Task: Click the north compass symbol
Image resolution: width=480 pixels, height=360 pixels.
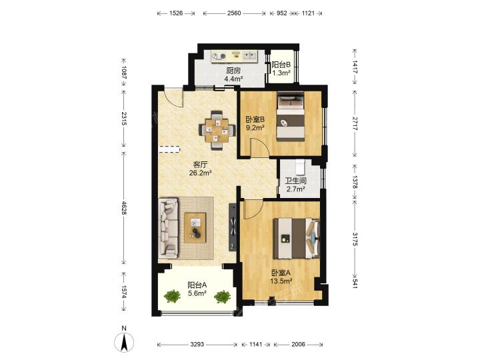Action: pyautogui.click(x=124, y=341)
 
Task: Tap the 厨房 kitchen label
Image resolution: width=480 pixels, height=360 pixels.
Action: pyautogui.click(x=233, y=71)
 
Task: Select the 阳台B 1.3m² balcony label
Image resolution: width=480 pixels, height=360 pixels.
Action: pyautogui.click(x=281, y=69)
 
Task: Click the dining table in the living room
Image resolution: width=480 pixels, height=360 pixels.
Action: pyautogui.click(x=217, y=131)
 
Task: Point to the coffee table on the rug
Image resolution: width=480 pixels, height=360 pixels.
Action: pyautogui.click(x=195, y=228)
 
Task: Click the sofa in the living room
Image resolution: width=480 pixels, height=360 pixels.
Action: pyautogui.click(x=169, y=227)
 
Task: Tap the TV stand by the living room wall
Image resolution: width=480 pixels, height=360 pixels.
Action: pyautogui.click(x=233, y=227)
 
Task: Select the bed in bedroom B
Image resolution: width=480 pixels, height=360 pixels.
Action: pyautogui.click(x=290, y=117)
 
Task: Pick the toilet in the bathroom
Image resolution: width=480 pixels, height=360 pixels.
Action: pyautogui.click(x=300, y=167)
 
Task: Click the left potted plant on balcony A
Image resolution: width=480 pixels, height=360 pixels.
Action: pyautogui.click(x=172, y=296)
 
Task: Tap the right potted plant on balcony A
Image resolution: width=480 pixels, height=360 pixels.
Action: pyautogui.click(x=222, y=297)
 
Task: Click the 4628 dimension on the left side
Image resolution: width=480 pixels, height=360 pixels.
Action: pyautogui.click(x=124, y=208)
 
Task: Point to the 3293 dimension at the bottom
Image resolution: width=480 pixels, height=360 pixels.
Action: pyautogui.click(x=197, y=345)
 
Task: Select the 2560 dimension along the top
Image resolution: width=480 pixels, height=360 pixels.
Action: pyautogui.click(x=234, y=13)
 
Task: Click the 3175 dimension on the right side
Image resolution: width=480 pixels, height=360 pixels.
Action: pyautogui.click(x=355, y=239)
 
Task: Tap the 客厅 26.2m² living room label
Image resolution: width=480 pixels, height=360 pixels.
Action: pyautogui.click(x=201, y=169)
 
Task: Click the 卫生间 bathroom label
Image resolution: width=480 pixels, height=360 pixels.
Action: pyautogui.click(x=296, y=181)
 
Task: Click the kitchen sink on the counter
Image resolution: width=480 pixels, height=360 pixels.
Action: pyautogui.click(x=250, y=56)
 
